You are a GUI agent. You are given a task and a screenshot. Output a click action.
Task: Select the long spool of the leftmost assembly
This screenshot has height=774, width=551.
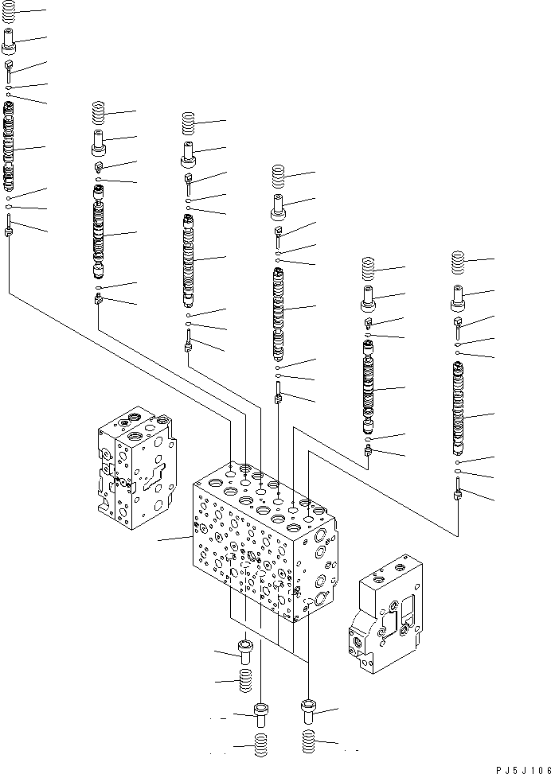(10, 148)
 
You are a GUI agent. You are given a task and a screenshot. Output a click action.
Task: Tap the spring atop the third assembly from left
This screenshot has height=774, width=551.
(189, 122)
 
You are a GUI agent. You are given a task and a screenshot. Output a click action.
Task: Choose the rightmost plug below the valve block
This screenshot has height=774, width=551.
(309, 708)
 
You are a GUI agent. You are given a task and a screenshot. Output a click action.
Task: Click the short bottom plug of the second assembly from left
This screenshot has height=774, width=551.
(99, 299)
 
